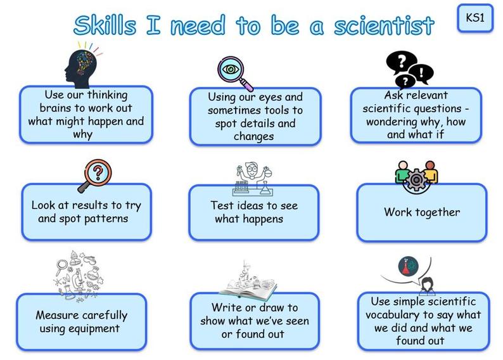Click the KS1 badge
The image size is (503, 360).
pos(475,18)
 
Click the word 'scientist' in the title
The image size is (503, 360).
pos(384,25)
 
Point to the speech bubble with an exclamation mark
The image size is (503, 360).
pos(421,73)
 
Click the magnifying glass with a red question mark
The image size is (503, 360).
pos(95,175)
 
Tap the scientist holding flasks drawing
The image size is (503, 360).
pos(253,178)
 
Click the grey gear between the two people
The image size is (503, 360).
pos(416,179)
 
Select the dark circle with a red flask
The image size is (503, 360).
pos(409,266)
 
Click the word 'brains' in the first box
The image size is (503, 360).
pos(54,108)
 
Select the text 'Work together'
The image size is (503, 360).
pos(422,212)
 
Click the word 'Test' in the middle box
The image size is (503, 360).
pos(221,205)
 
